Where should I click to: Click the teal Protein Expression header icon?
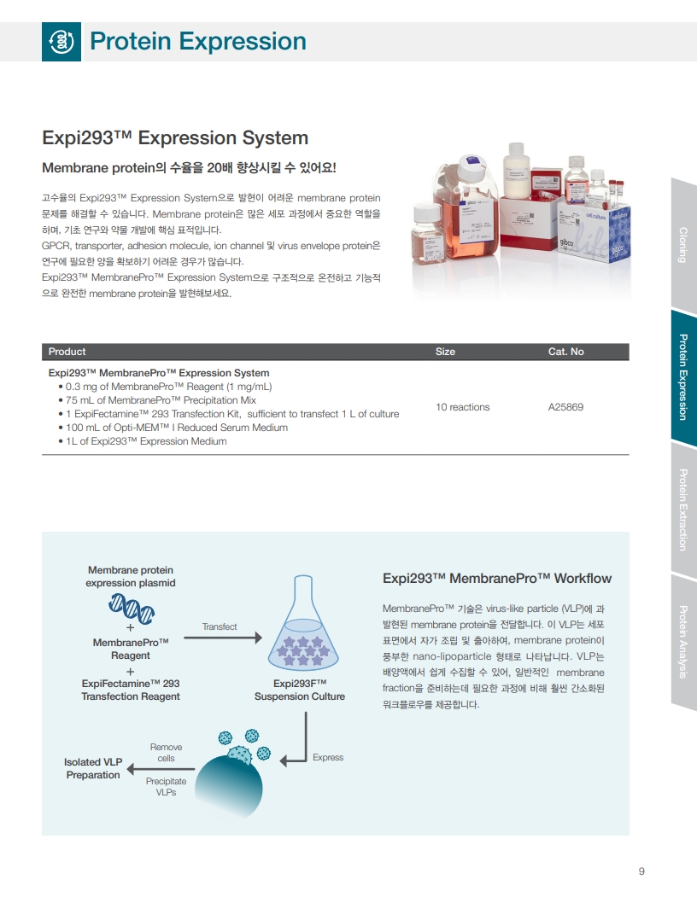(x=61, y=42)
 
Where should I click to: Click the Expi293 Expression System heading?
(x=175, y=138)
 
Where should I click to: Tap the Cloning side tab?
(x=683, y=245)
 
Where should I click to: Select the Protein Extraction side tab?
(x=683, y=510)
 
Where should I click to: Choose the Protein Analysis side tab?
(x=683, y=642)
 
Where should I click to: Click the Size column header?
(x=445, y=352)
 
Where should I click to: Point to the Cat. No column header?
(x=565, y=352)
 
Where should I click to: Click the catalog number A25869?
(x=565, y=407)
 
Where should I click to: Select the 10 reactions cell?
(x=462, y=407)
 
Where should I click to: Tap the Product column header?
(x=67, y=352)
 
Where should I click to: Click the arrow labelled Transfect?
(x=223, y=638)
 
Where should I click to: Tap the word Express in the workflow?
(x=328, y=757)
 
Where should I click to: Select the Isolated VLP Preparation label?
(x=93, y=768)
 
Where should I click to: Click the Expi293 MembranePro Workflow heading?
(x=497, y=579)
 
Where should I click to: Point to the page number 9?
(x=641, y=871)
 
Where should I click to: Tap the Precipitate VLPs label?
(x=166, y=787)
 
